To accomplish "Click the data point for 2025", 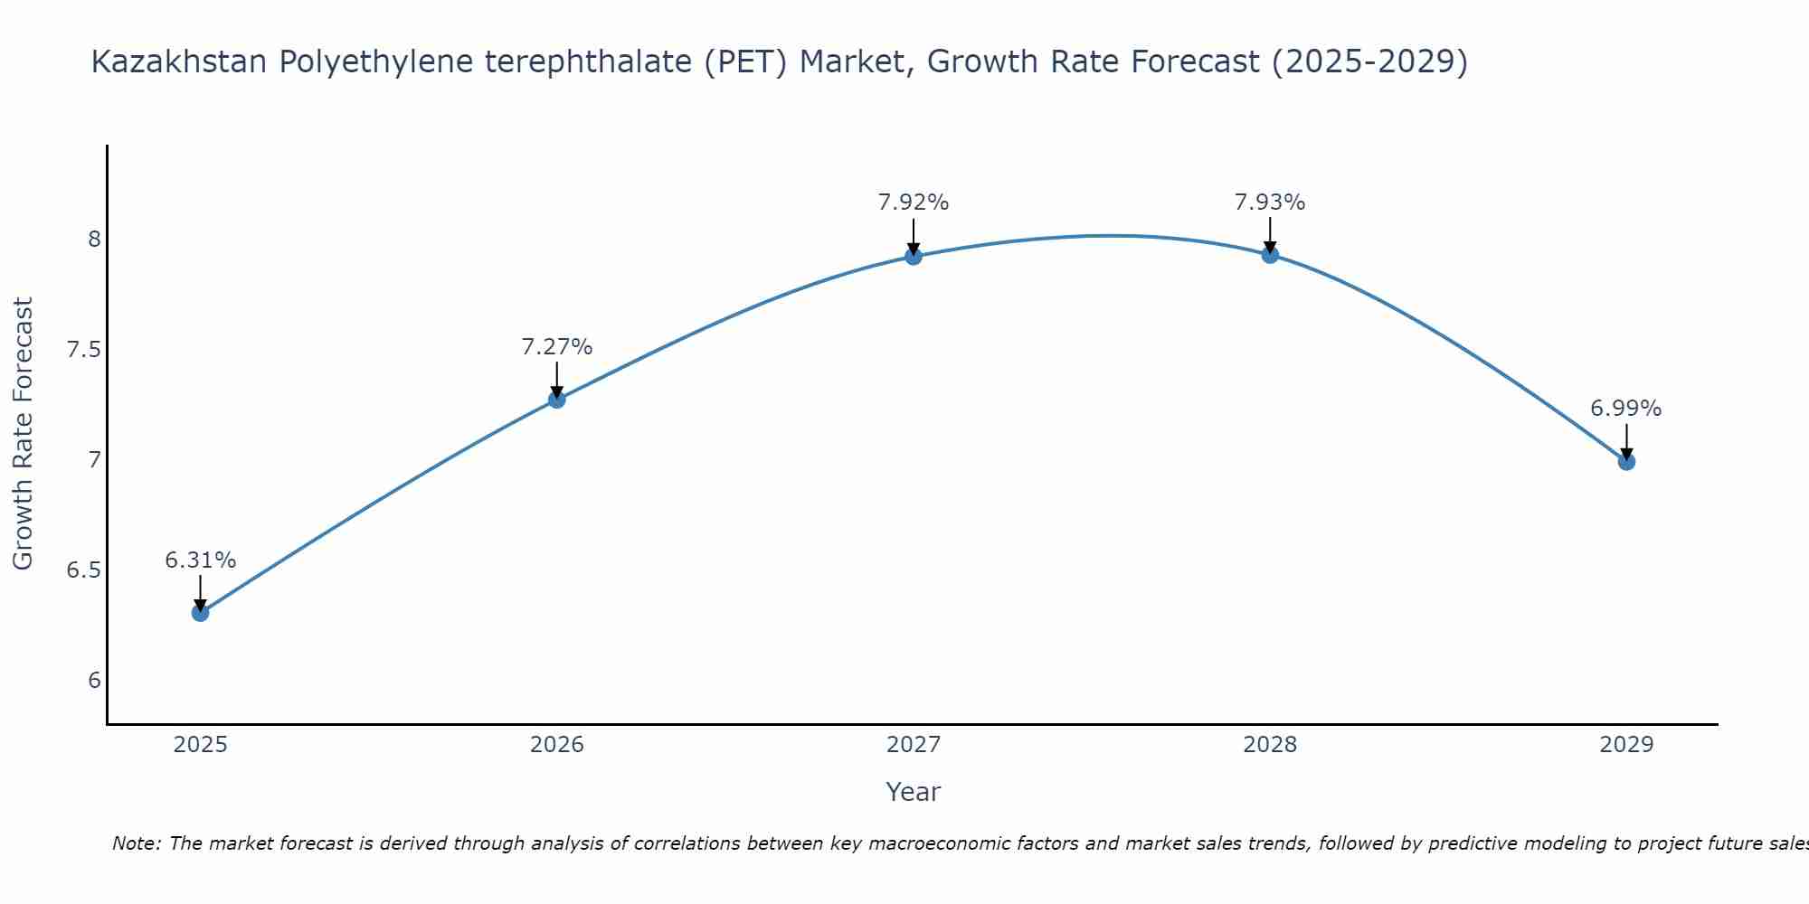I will pos(200,613).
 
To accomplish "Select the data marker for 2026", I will pos(557,400).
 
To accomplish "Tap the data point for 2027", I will pos(914,256).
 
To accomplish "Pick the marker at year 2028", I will pos(1270,254).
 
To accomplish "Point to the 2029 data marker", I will pos(1626,462).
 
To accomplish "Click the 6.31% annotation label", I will pos(200,560).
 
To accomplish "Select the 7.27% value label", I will pos(557,347).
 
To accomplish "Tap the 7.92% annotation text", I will pos(914,202).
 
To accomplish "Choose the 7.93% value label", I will pos(1270,202).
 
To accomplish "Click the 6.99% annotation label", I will pos(1626,409).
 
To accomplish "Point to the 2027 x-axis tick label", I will pos(914,745).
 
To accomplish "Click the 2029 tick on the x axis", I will pos(1626,745).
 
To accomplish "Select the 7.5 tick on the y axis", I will pos(84,350).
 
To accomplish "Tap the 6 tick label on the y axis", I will pos(95,681).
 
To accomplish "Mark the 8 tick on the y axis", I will pos(95,240).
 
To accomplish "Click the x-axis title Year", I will pos(914,792).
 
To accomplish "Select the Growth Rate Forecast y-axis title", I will pos(24,434).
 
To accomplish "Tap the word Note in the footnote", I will pos(136,843).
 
